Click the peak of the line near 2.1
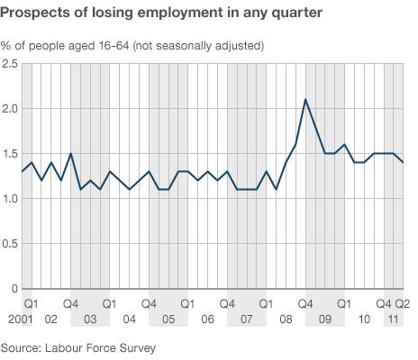coord(305,99)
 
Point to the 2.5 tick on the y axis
coord(10,64)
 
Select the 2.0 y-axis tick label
coord(10,109)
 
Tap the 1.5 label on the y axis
coord(10,154)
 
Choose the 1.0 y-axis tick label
coord(10,199)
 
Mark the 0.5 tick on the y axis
coord(10,244)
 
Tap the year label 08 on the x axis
coord(286,319)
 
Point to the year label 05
coord(168,319)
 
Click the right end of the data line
coord(403,162)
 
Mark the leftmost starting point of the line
coord(22,171)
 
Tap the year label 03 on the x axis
coord(90,319)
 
